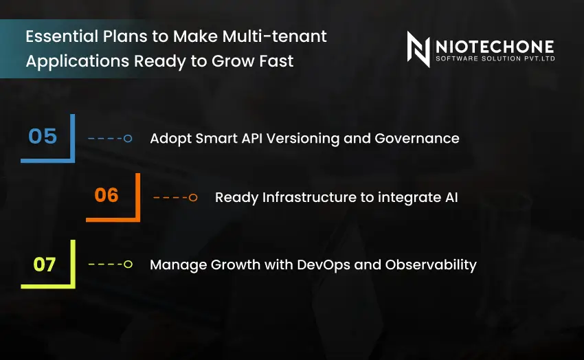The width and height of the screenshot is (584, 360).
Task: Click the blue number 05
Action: [43, 136]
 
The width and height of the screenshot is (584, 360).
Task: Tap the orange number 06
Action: [106, 196]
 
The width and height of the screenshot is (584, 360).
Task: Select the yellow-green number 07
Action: [44, 264]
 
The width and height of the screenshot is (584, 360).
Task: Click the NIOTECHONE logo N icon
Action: [418, 49]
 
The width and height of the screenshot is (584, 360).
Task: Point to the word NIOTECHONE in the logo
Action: [494, 46]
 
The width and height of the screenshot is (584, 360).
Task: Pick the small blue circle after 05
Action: [128, 139]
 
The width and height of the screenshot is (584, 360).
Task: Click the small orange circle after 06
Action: [193, 198]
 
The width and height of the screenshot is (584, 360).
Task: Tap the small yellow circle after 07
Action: [128, 265]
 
